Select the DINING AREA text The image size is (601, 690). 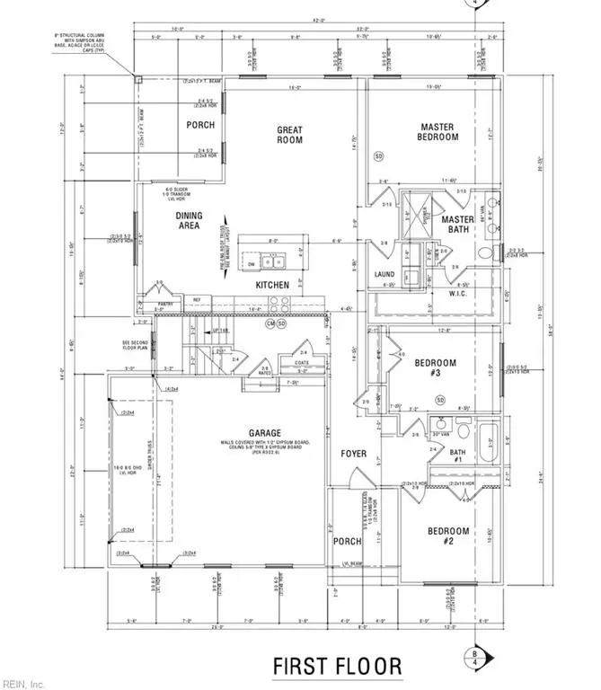189,221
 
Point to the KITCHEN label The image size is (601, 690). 272,285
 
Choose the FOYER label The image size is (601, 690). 354,454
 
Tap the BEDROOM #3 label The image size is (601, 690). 435,368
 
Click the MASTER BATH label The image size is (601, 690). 456,226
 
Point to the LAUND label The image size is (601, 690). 384,275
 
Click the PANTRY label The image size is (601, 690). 164,304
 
